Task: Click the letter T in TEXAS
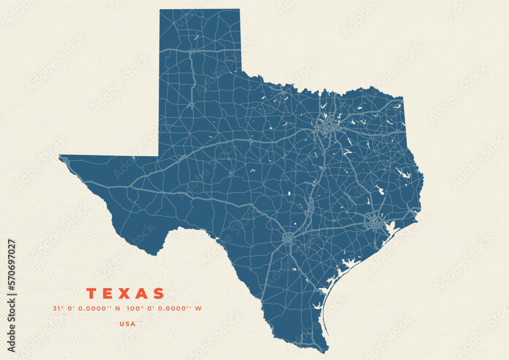point(92,294)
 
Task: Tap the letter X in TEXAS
point(126,294)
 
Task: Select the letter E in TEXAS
point(108,294)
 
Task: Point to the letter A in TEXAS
point(143,294)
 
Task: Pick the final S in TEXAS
point(159,294)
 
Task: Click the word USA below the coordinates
point(127,323)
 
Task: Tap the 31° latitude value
point(58,309)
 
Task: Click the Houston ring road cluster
point(375,223)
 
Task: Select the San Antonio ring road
point(289,237)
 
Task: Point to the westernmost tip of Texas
point(60,156)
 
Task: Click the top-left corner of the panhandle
point(160,10)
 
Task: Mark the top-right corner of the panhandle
point(239,10)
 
